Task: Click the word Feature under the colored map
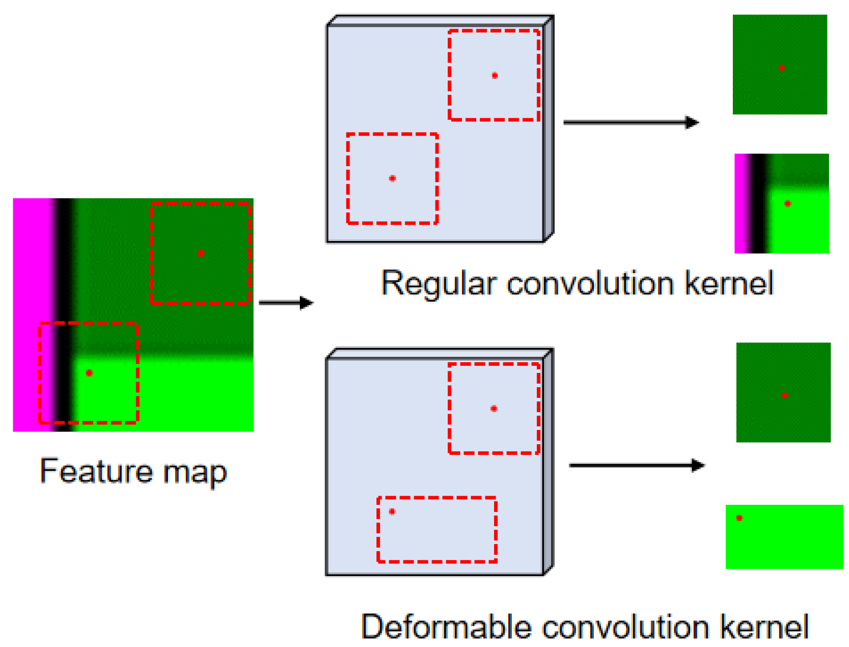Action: pos(96,471)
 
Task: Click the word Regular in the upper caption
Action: pos(439,283)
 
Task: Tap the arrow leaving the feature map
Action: pos(286,303)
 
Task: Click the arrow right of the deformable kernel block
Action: pos(636,465)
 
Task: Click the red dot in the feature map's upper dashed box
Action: pos(201,253)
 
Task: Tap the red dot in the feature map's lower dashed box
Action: pos(89,373)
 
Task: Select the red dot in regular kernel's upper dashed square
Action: pos(495,75)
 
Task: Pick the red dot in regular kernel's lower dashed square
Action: pos(392,178)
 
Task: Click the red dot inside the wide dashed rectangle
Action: pos(392,511)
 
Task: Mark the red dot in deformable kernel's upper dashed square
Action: pos(494,409)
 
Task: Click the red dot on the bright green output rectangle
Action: pos(739,518)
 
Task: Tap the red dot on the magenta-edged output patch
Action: pos(787,204)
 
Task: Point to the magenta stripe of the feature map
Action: pos(32,314)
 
